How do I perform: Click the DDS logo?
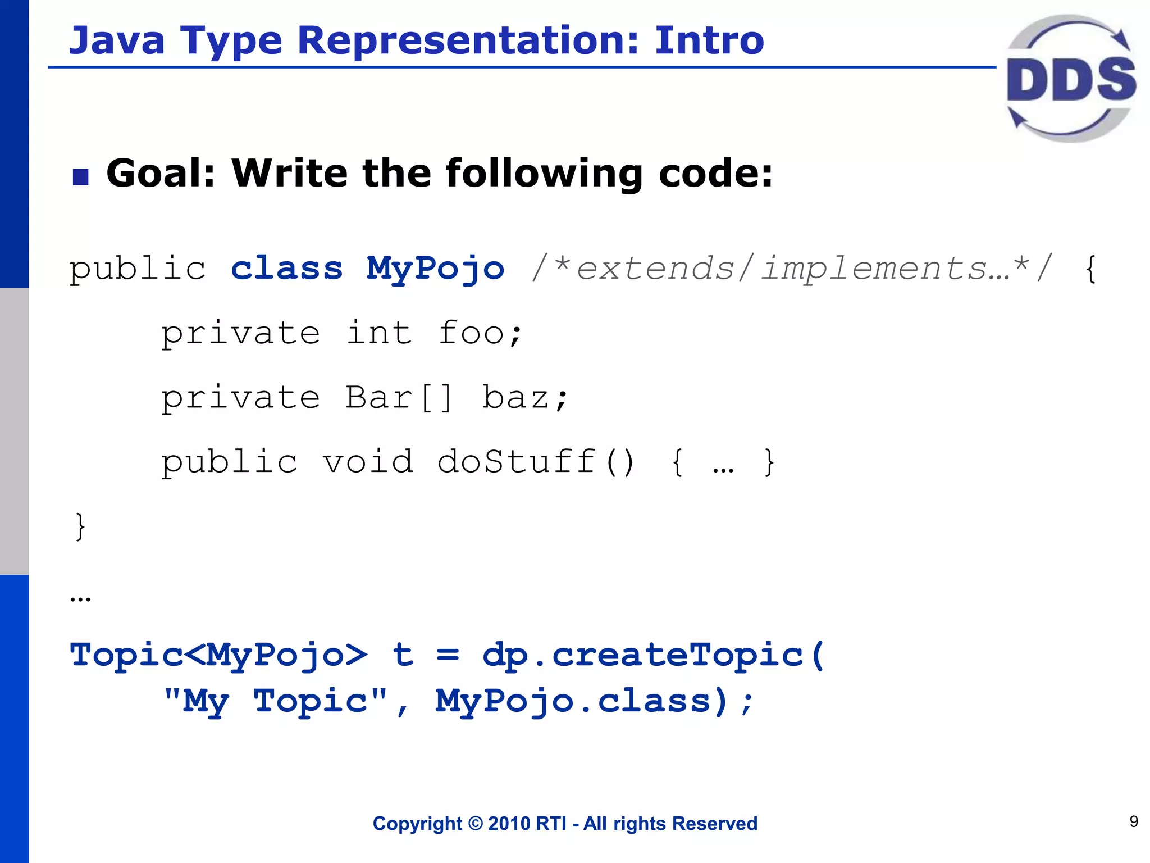[1071, 79]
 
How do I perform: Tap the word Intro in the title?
[709, 40]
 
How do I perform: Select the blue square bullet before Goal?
[81, 177]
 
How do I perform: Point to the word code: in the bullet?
[715, 173]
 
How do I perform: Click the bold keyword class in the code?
[287, 269]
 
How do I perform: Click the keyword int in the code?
[379, 333]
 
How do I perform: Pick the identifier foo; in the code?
[480, 334]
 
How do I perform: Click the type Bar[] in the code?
[398, 398]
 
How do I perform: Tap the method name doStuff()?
[536, 462]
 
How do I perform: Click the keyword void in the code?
[367, 462]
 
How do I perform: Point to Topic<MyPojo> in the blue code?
[218, 655]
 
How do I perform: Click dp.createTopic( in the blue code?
[654, 655]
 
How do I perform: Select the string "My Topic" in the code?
[276, 701]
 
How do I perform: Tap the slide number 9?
[1134, 821]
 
